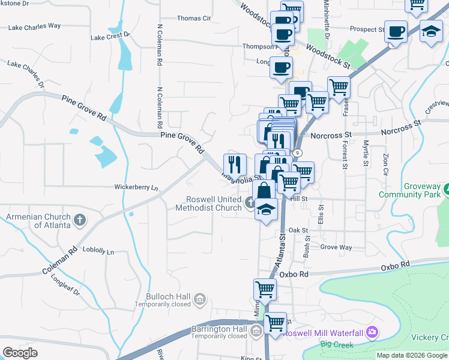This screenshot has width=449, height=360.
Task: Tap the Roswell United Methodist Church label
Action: pyautogui.click(x=208, y=203)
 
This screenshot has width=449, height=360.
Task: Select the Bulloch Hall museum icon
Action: pyautogui.click(x=200, y=298)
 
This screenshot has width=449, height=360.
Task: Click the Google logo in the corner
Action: pyautogui.click(x=20, y=353)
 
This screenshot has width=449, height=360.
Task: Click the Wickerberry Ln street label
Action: pyautogui.click(x=136, y=187)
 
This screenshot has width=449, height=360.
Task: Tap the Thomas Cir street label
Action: pyautogui.click(x=194, y=19)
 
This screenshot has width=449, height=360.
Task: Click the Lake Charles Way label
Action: pyautogui.click(x=34, y=26)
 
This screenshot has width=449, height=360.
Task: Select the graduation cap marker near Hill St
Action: pyautogui.click(x=266, y=209)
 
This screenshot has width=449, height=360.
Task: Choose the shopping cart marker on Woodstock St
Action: pyautogui.click(x=339, y=87)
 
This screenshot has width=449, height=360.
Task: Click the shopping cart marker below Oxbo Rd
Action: pyautogui.click(x=265, y=290)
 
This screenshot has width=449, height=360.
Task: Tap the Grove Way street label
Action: pyautogui.click(x=336, y=247)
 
